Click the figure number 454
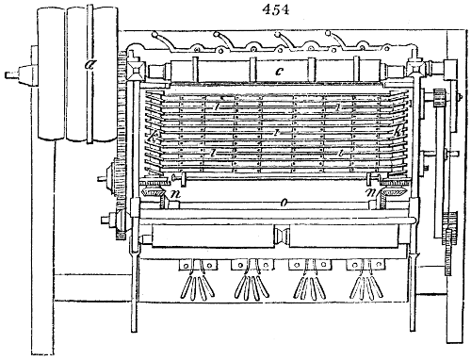pyautogui.click(x=235, y=8)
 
